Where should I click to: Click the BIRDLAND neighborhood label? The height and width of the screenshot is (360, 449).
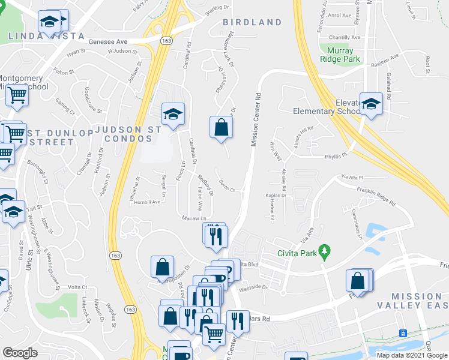(x=252, y=23)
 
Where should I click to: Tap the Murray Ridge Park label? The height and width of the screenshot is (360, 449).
(x=340, y=55)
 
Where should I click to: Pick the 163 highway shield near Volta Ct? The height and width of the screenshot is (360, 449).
(x=114, y=256)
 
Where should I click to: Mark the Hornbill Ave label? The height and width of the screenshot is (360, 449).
(x=147, y=202)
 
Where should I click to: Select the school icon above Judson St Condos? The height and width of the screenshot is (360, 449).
(x=173, y=113)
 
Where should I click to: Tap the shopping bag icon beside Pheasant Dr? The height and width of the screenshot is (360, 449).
(x=221, y=127)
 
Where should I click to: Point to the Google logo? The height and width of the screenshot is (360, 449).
(x=20, y=353)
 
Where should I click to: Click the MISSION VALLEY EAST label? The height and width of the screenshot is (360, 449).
(x=416, y=301)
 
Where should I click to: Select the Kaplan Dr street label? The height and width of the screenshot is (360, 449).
(x=276, y=196)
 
